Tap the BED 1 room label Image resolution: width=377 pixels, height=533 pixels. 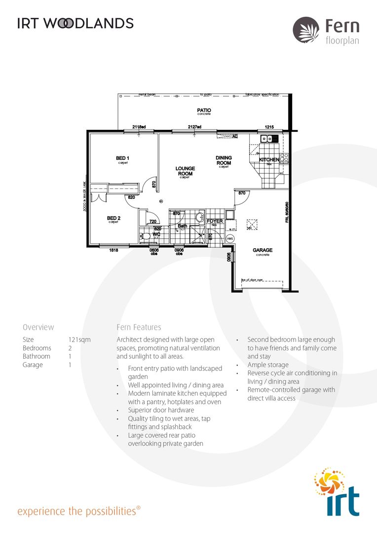tap(122, 158)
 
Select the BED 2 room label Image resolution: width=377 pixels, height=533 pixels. tap(114, 218)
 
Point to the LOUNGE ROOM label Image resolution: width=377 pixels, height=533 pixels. tap(185, 171)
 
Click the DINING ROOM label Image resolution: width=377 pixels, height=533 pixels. tap(224, 160)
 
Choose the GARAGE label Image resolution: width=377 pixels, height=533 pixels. tap(263, 250)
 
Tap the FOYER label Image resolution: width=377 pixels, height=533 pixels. tap(215, 221)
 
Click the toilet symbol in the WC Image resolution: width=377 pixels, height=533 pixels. tap(145, 237)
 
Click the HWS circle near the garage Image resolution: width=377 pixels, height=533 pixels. tap(229, 238)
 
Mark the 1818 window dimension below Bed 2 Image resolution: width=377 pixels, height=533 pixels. tap(113, 250)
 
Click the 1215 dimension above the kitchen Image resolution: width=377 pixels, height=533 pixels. tap(269, 127)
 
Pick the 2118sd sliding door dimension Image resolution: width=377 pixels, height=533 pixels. tap(139, 127)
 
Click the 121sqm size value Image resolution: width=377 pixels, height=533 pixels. tap(79, 340)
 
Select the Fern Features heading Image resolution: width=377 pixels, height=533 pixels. tap(139, 327)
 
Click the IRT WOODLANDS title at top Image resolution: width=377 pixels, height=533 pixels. tap(75, 23)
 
